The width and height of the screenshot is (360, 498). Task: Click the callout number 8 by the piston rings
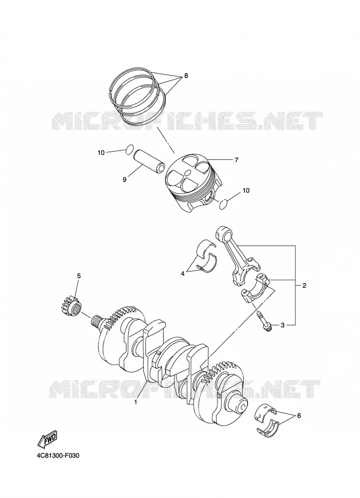coord(186,76)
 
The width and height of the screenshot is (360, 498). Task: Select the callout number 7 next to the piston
coord(236,160)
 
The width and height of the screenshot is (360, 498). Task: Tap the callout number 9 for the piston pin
coord(124,180)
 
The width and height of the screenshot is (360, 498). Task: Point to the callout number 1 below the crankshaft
coord(135,402)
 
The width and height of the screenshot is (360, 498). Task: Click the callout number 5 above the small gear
coord(79,276)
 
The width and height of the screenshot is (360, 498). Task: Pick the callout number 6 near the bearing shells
coord(299,416)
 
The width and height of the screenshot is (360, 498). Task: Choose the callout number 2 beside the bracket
coord(304,286)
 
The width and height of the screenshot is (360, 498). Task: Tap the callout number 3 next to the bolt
coord(283,325)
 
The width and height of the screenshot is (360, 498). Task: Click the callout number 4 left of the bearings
coord(182,273)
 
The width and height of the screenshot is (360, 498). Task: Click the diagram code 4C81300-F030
coord(58,456)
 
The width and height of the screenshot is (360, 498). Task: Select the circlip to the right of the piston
coord(225,204)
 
